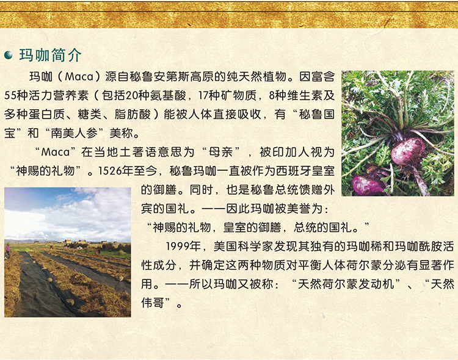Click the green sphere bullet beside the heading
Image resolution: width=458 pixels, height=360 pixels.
tap(9, 55)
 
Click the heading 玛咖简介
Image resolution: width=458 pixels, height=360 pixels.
tap(50, 55)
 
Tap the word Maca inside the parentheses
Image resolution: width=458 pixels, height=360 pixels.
tap(79, 77)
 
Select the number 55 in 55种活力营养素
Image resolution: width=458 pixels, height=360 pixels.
tap(10, 95)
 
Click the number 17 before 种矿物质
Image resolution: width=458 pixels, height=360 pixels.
tap(203, 95)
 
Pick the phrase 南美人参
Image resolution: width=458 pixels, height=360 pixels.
tap(75, 133)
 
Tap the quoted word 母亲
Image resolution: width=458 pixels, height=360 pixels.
tap(221, 152)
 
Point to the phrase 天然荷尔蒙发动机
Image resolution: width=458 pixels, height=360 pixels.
tap(346, 284)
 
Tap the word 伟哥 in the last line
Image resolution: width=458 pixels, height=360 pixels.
tap(153, 303)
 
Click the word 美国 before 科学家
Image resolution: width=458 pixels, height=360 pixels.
tap(225, 247)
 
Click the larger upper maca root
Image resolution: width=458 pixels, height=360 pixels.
tap(408, 151)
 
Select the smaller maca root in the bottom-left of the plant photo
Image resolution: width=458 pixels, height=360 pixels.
tap(368, 184)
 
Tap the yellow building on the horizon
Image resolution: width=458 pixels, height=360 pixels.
tap(68, 242)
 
